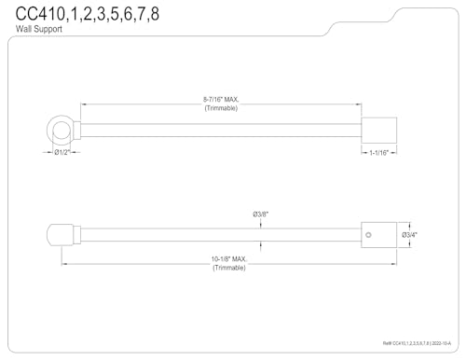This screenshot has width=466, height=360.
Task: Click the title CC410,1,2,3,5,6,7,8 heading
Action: tap(88, 14)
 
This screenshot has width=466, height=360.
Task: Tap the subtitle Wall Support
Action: tap(39, 29)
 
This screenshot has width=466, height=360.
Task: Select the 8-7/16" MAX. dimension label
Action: tap(221, 100)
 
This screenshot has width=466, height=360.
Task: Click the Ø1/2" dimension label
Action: tap(62, 152)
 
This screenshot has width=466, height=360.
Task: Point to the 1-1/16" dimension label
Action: tap(378, 153)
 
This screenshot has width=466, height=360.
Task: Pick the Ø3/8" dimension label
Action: tap(260, 215)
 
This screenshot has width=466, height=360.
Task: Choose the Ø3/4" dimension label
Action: tap(409, 235)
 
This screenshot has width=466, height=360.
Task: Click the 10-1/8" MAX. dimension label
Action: tap(229, 259)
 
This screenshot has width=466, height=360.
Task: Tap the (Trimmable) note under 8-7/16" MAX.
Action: tap(221, 108)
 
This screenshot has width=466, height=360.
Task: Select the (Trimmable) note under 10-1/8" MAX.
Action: tap(229, 268)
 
